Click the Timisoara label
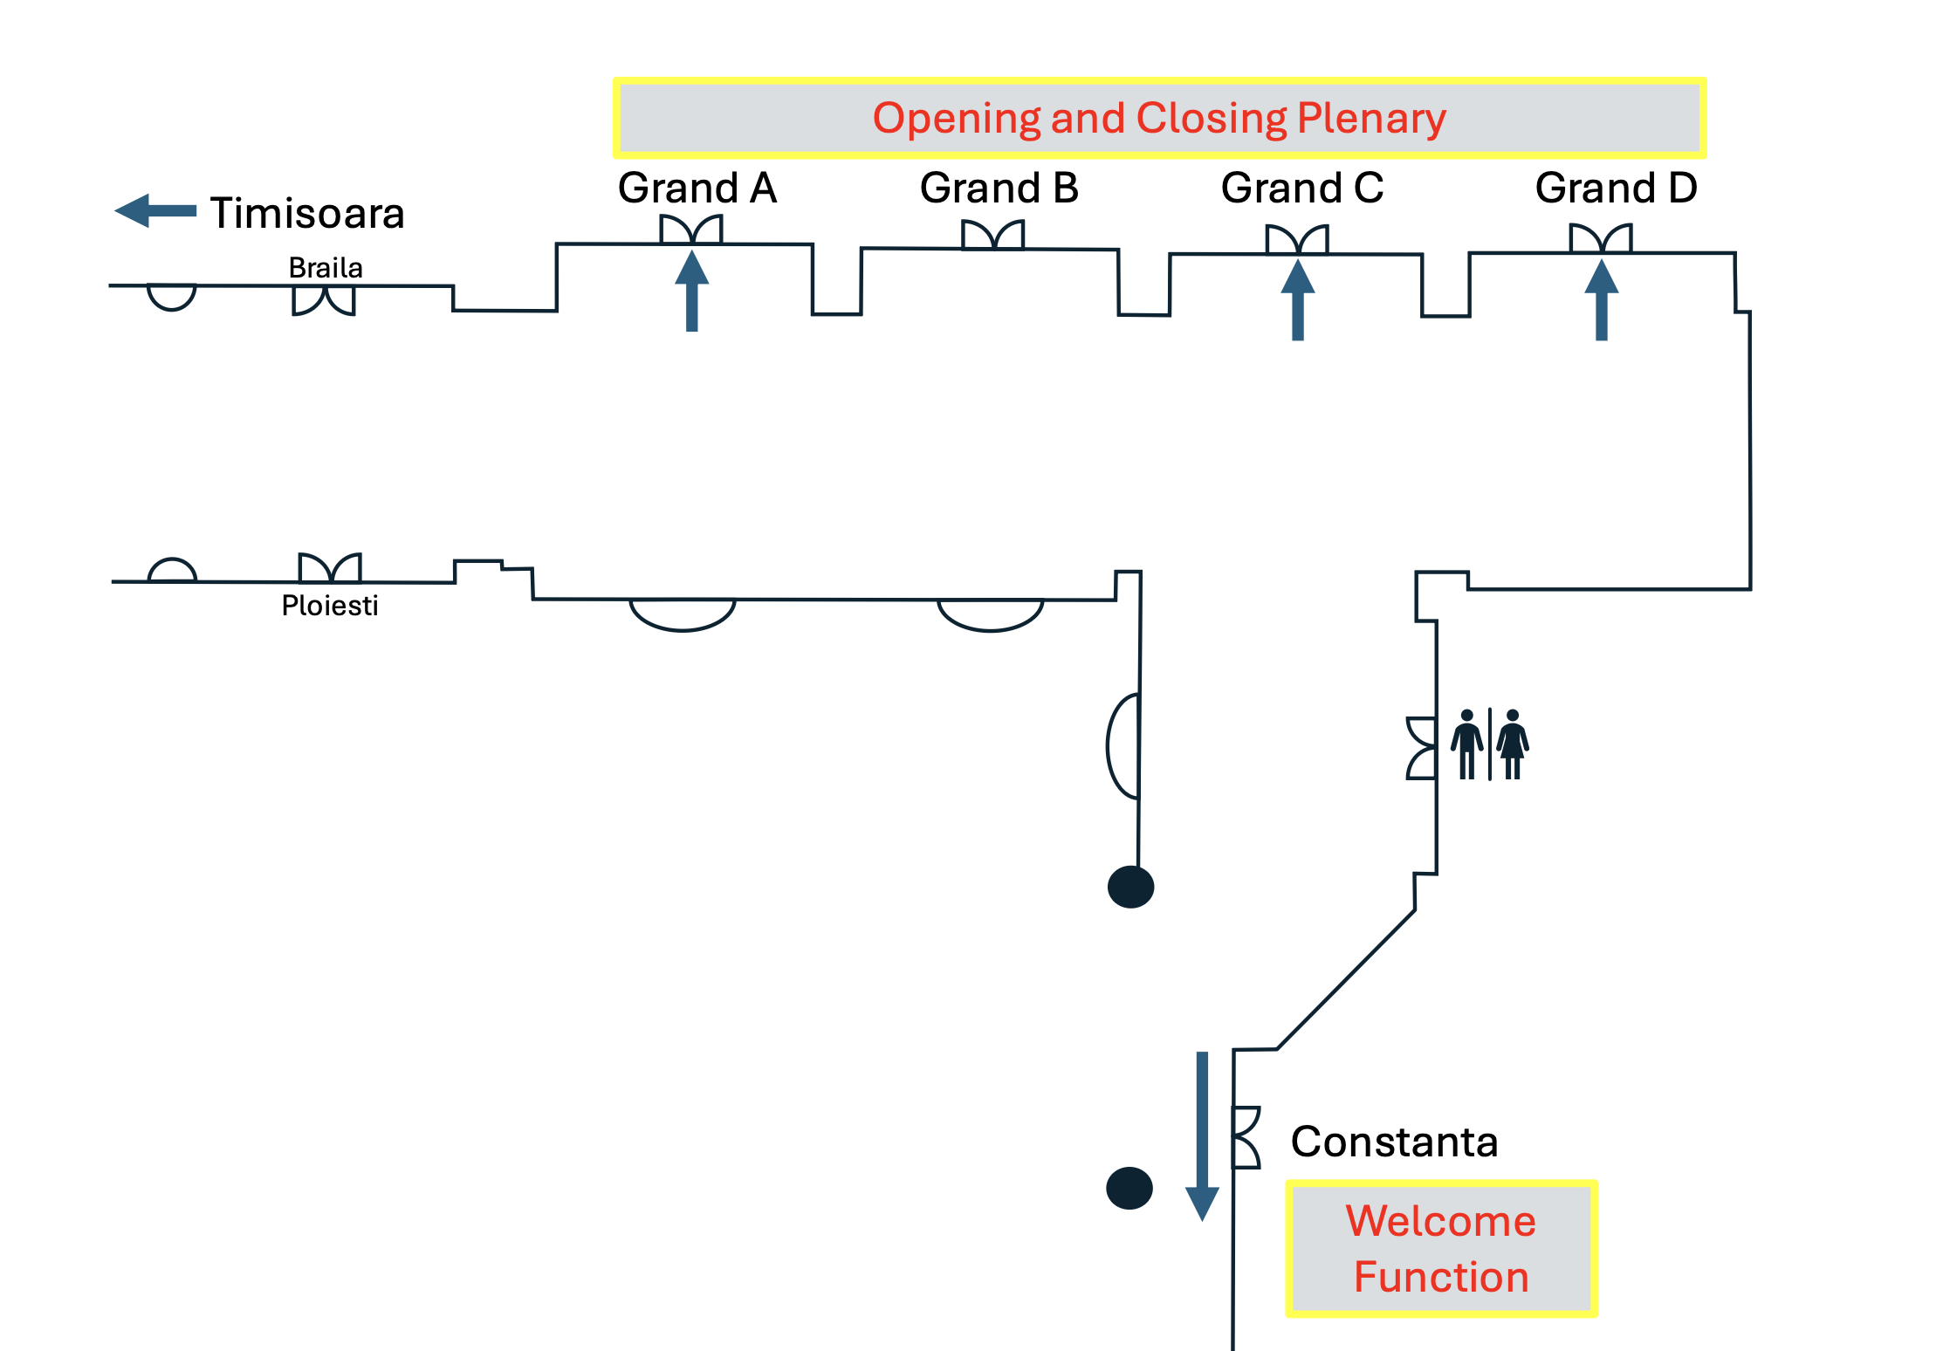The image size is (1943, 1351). click(x=307, y=213)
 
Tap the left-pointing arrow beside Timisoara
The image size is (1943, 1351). click(x=155, y=210)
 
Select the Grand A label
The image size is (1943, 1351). click(x=697, y=189)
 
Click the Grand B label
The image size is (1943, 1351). click(x=999, y=189)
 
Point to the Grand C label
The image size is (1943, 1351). click(x=1301, y=189)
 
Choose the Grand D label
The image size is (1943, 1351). click(x=1616, y=189)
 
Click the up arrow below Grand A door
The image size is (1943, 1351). click(x=691, y=291)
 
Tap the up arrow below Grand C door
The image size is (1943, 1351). click(x=1298, y=300)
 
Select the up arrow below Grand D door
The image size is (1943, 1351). click(x=1602, y=300)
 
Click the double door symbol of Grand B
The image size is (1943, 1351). click(x=992, y=235)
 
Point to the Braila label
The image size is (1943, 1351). click(x=326, y=268)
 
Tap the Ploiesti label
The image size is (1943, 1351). click(x=330, y=606)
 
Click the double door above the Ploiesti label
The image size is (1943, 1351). click(x=330, y=568)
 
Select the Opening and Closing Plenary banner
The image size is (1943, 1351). click(x=1159, y=118)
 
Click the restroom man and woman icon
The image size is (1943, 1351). click(x=1490, y=744)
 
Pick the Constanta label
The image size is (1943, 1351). click(x=1394, y=1142)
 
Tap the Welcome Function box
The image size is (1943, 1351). click(x=1441, y=1249)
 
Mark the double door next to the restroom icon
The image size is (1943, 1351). click(x=1422, y=748)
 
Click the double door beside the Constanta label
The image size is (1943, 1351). click(x=1246, y=1137)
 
